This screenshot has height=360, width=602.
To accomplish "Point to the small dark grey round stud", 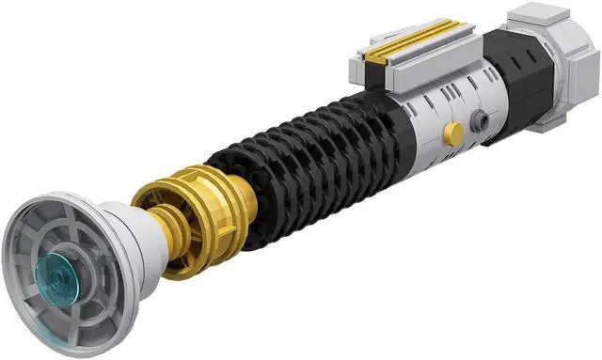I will click(480, 119).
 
